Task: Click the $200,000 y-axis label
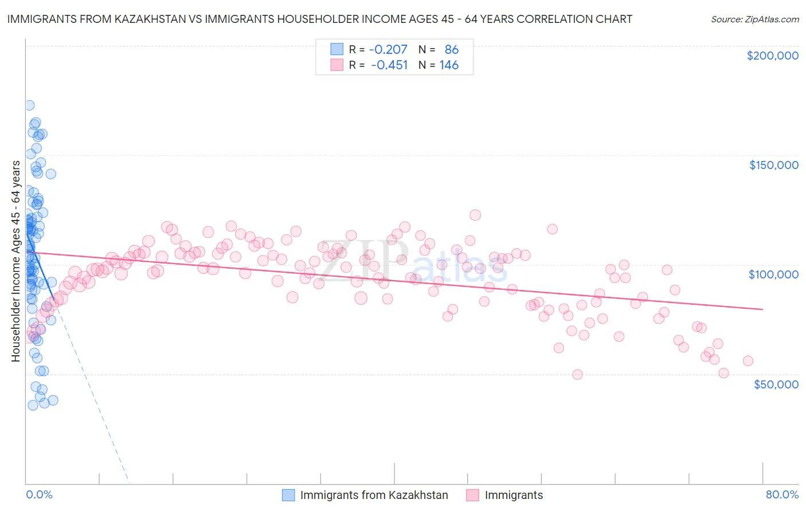[x=772, y=56]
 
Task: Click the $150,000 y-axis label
[x=773, y=165]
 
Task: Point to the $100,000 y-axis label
[x=773, y=274]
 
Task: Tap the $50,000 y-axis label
[x=776, y=384]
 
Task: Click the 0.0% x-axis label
[x=39, y=494]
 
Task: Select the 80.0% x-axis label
[x=782, y=494]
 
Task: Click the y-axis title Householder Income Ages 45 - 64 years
[x=16, y=261]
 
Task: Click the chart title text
[x=319, y=19]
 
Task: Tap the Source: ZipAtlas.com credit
[x=754, y=19]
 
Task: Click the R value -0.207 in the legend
[x=388, y=49]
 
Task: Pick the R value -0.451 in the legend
[x=389, y=65]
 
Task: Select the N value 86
[x=451, y=49]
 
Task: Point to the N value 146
[x=449, y=65]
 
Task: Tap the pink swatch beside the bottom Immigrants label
[x=472, y=495]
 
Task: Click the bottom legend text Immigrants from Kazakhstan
[x=374, y=495]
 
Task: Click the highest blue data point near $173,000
[x=29, y=105]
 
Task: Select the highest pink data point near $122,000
[x=475, y=215]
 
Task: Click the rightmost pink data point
[x=748, y=361]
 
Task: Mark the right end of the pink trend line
[x=762, y=309]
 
